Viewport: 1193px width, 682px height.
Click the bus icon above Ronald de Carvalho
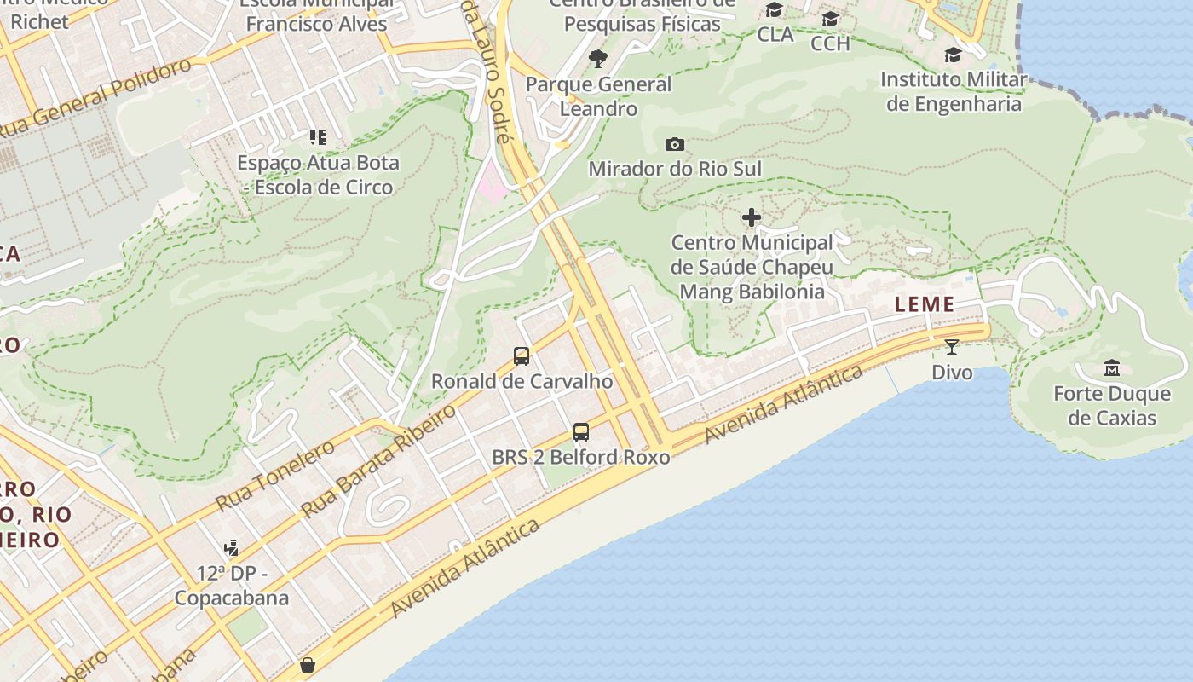click(521, 356)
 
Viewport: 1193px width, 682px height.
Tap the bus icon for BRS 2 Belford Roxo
click(581, 432)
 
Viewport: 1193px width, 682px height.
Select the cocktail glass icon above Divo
click(952, 346)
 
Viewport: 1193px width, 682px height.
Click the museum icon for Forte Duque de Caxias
click(1112, 368)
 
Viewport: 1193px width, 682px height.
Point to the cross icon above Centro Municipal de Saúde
click(751, 217)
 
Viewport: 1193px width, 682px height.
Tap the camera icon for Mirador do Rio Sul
click(675, 144)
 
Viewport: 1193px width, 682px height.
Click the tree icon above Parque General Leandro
click(598, 59)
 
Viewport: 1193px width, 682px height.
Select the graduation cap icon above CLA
click(775, 10)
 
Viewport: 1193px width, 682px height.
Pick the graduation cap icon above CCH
click(830, 19)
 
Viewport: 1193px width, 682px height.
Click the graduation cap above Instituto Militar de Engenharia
click(953, 55)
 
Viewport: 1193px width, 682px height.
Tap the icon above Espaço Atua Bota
click(318, 136)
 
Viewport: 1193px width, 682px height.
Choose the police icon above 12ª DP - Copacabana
click(231, 547)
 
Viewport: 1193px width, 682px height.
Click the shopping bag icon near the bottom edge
click(308, 664)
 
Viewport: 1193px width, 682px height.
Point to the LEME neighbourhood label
click(925, 304)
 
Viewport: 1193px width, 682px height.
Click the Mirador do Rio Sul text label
click(675, 169)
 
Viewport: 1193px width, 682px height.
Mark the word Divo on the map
click(952, 372)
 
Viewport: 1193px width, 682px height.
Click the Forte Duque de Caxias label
click(1112, 406)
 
